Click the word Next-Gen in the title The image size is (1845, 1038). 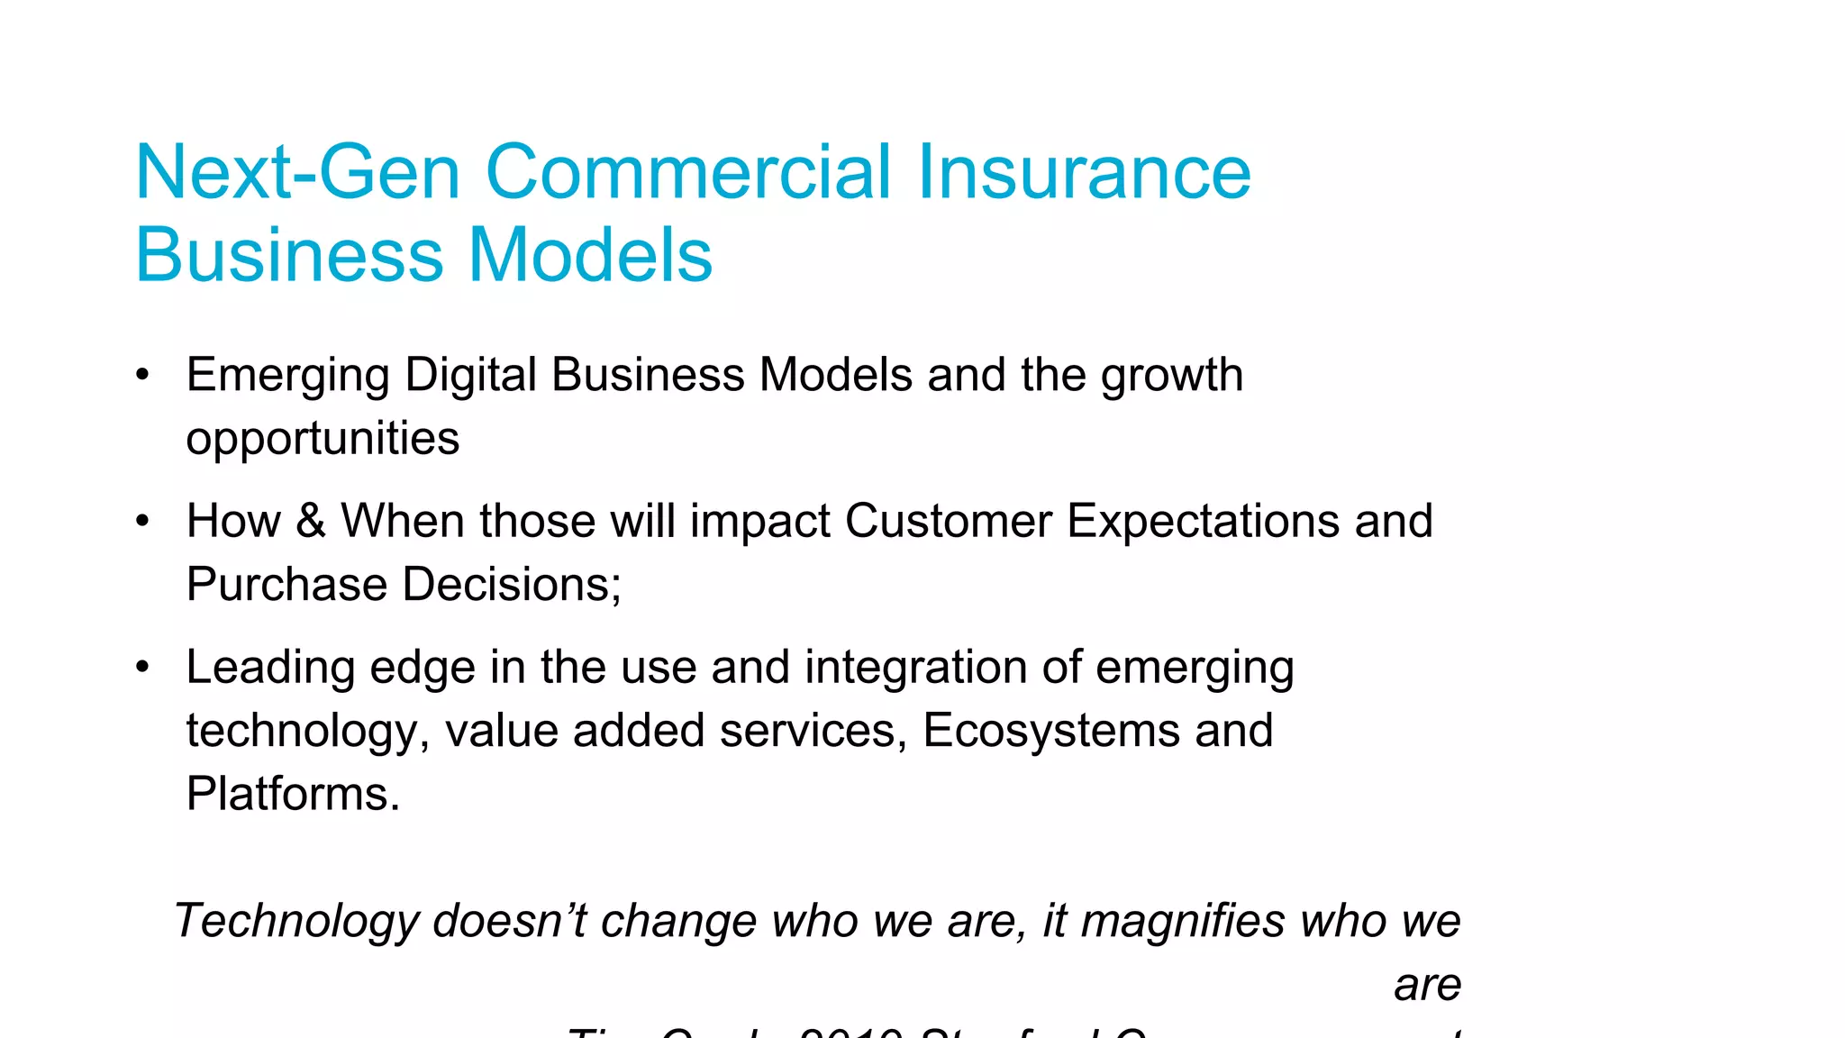pyautogui.click(x=297, y=172)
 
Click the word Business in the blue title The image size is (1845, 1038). pyautogui.click(x=290, y=255)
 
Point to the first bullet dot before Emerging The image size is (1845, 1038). pyautogui.click(x=141, y=375)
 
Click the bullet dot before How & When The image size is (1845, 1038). pyautogui.click(x=141, y=521)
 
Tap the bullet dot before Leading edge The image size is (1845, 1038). pyautogui.click(x=141, y=668)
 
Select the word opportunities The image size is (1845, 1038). pyautogui.click(x=323, y=439)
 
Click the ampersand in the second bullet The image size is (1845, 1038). pyautogui.click(x=310, y=521)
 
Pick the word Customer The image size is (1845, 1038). pyautogui.click(x=949, y=521)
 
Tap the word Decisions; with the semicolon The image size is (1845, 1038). pyautogui.click(x=512, y=584)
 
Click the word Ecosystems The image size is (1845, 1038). pyautogui.click(x=1051, y=730)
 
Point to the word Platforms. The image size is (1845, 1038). pyautogui.click(x=293, y=794)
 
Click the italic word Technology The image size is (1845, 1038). pyautogui.click(x=297, y=921)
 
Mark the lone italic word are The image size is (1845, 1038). pyautogui.click(x=1427, y=985)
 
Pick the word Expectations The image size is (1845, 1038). pyautogui.click(x=1204, y=521)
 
